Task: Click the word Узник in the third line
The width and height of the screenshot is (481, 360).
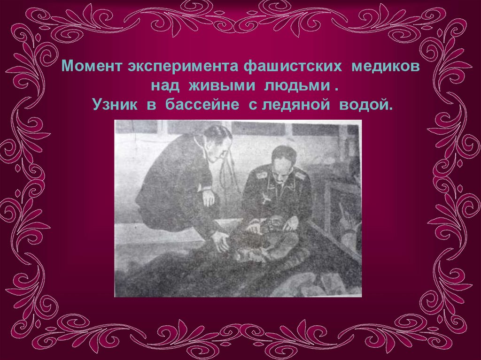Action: pyautogui.click(x=115, y=105)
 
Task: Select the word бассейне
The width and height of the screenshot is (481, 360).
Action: pyautogui.click(x=202, y=105)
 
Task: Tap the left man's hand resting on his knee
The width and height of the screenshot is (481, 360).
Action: pyautogui.click(x=209, y=197)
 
